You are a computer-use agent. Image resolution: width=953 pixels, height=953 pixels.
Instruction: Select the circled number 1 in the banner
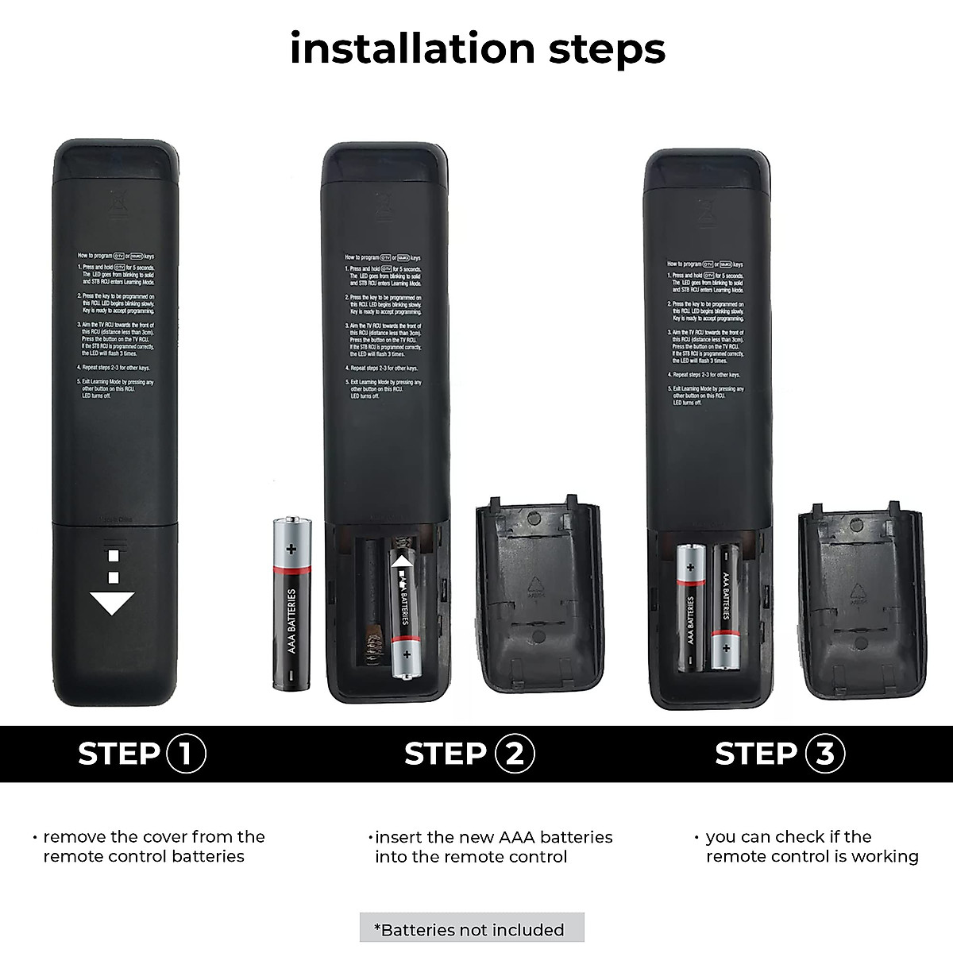[x=186, y=753]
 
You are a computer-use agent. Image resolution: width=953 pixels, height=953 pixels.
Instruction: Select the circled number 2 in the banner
[x=514, y=753]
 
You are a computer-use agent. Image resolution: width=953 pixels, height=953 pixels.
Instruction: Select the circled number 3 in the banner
[x=825, y=753]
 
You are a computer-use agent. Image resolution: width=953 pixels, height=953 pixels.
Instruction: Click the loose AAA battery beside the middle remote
[x=291, y=603]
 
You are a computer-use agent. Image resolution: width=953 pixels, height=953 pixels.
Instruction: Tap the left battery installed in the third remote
[x=691, y=608]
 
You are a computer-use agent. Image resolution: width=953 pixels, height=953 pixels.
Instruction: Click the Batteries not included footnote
[x=472, y=929]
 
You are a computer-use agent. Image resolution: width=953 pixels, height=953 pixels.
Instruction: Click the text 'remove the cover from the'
[x=153, y=836]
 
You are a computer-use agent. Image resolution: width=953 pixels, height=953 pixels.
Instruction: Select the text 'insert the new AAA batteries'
[x=493, y=837]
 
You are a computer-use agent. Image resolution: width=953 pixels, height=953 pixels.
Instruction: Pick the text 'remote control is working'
[x=812, y=856]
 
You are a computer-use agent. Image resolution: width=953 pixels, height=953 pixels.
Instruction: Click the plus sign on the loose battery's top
[x=291, y=548]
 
